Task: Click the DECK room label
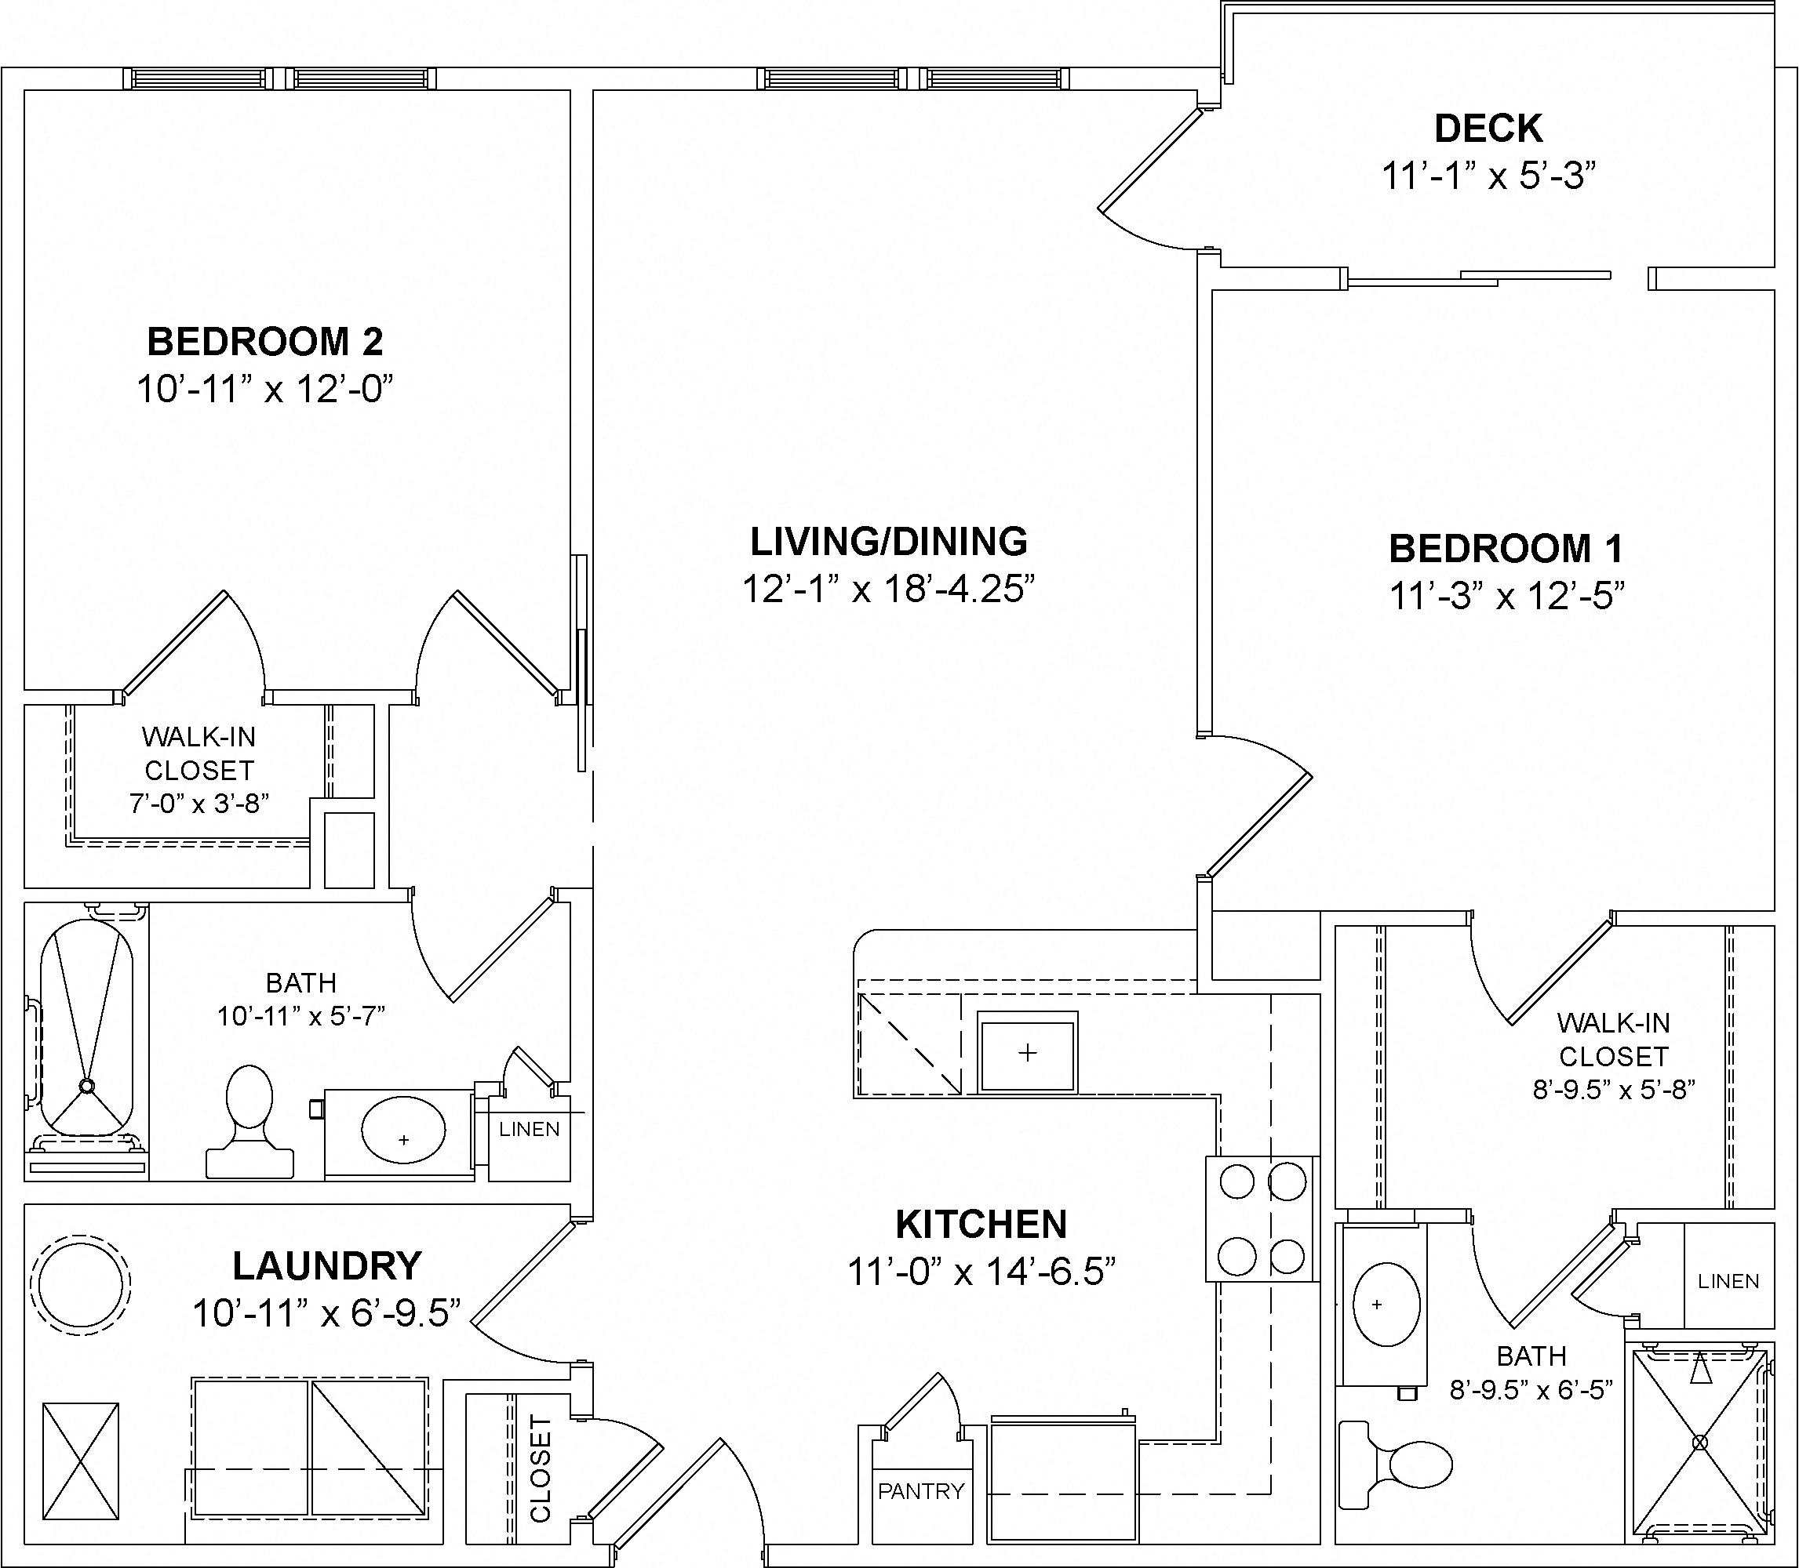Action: (1488, 129)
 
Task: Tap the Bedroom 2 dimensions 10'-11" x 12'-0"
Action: (264, 389)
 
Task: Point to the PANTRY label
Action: (921, 1491)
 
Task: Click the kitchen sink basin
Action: (1027, 1052)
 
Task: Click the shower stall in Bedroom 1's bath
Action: (1699, 1442)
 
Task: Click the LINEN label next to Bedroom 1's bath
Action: (1728, 1281)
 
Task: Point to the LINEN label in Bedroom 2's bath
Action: (529, 1129)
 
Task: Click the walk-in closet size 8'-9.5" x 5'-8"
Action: (1613, 1091)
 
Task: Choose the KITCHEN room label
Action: (981, 1224)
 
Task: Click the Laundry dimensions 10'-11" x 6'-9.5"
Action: (326, 1313)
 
